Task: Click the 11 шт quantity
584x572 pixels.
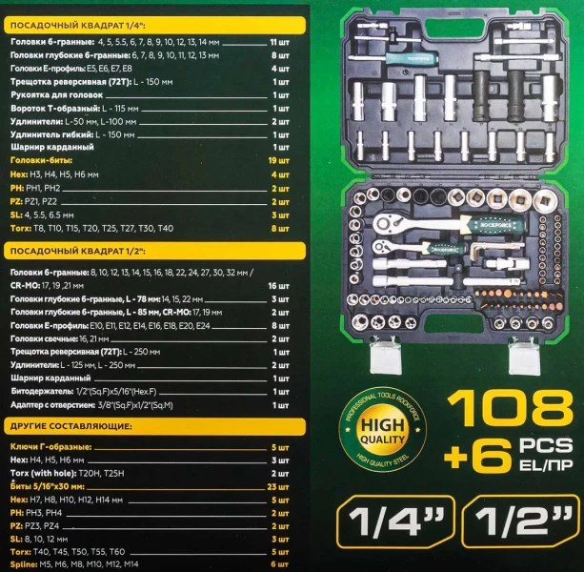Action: tap(279, 43)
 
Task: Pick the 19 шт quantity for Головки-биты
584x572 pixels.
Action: tap(279, 161)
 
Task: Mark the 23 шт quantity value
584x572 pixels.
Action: tap(279, 486)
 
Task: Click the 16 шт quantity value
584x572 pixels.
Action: tap(278, 285)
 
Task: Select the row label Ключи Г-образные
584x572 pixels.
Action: tap(50, 446)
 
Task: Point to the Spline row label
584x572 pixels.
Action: tap(25, 565)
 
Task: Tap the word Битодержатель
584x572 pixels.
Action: tap(42, 391)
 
